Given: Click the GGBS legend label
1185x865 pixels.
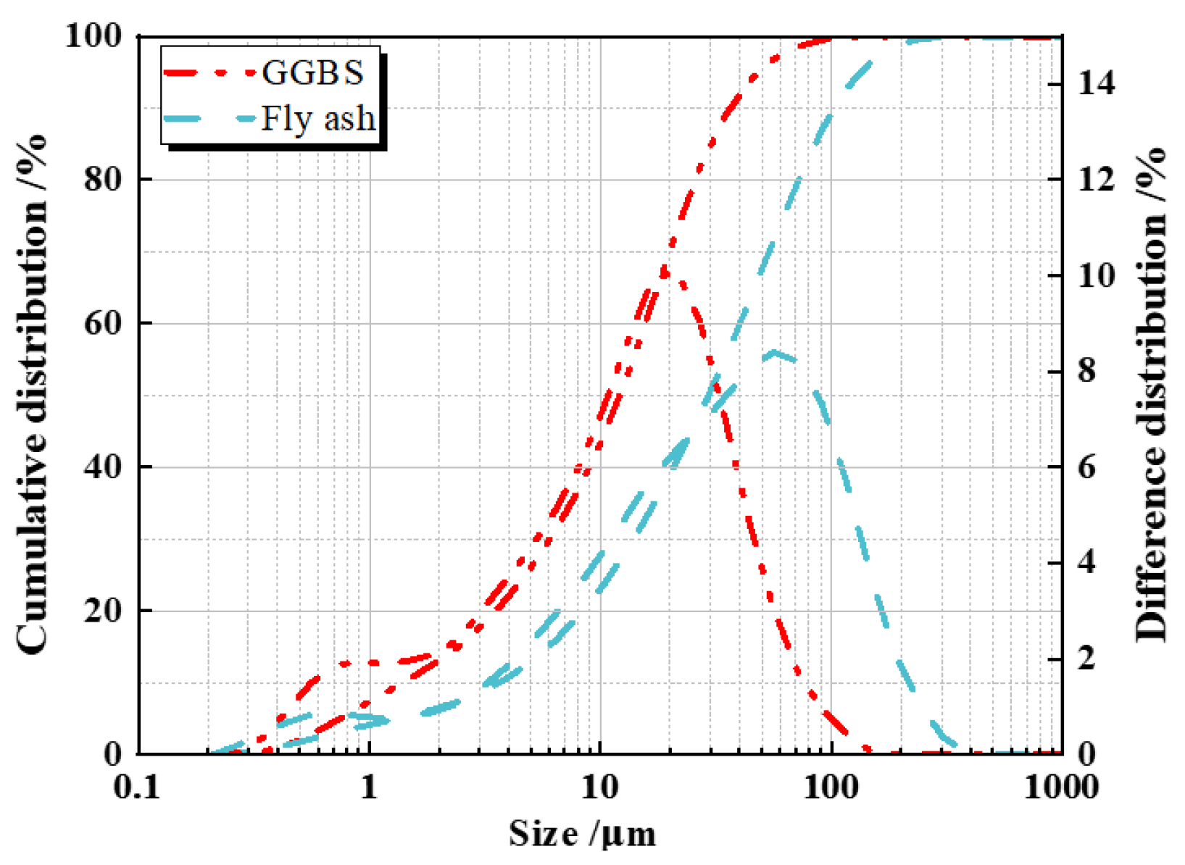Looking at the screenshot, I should pyautogui.click(x=312, y=72).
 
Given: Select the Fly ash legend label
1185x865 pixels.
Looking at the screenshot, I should pyautogui.click(x=318, y=118).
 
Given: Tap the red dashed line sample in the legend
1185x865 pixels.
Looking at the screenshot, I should pyautogui.click(x=210, y=72).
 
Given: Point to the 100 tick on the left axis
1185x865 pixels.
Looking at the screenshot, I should pyautogui.click(x=93, y=36).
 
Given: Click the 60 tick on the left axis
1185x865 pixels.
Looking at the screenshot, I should pyautogui.click(x=101, y=323).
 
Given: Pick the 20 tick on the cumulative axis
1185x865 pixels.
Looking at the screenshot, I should pyautogui.click(x=101, y=611).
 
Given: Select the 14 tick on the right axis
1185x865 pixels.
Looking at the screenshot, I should pyautogui.click(x=1097, y=84).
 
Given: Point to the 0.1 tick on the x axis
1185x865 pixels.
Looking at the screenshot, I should pyautogui.click(x=137, y=787).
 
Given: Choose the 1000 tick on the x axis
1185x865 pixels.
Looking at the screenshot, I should pyautogui.click(x=1061, y=787).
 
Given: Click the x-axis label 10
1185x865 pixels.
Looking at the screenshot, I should pyautogui.click(x=600, y=787).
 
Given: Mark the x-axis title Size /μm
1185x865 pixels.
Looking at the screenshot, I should pyautogui.click(x=582, y=833).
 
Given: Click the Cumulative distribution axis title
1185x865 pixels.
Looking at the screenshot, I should pyautogui.click(x=33, y=395).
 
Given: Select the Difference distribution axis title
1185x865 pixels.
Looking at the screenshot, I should pyautogui.click(x=1151, y=395).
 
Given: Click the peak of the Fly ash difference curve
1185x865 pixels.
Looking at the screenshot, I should pyautogui.click(x=773, y=353).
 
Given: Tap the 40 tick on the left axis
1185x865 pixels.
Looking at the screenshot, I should pyautogui.click(x=101, y=467).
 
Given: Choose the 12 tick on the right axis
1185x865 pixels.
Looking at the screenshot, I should pyautogui.click(x=1097, y=180).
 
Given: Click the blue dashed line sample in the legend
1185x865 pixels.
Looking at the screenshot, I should pyautogui.click(x=210, y=118).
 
